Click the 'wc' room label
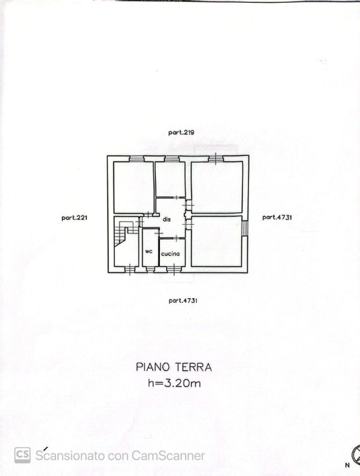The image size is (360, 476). (149, 251)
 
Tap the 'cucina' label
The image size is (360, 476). (170, 254)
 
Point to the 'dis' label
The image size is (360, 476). (167, 219)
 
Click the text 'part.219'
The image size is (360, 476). (180, 133)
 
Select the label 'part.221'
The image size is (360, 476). (75, 217)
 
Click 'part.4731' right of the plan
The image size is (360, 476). (277, 217)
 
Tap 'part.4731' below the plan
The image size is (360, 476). (183, 300)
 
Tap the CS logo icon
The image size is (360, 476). (22, 454)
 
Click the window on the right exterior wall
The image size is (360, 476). (246, 228)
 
